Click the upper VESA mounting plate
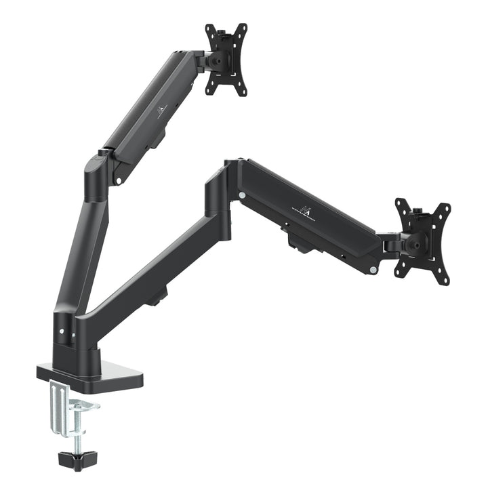pyautogui.click(x=226, y=60)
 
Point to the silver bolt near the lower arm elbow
pyautogui.click(x=242, y=196)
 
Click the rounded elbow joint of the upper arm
pyautogui.click(x=96, y=174)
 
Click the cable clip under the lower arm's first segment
pyautogui.click(x=158, y=296)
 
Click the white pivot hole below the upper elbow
pyautogui.click(x=117, y=180)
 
